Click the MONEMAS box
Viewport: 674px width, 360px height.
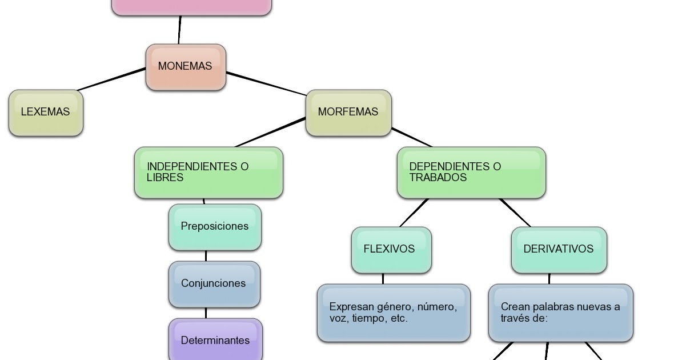click(x=186, y=67)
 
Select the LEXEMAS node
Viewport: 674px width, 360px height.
click(x=46, y=113)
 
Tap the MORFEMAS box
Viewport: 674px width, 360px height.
click(x=348, y=113)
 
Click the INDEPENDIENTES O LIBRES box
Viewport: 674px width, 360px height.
click(x=208, y=173)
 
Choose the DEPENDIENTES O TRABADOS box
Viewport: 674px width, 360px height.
click(x=471, y=173)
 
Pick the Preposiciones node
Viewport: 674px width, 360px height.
click(x=215, y=227)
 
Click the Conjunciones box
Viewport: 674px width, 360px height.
click(x=214, y=284)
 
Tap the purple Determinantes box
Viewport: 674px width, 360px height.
click(x=215, y=341)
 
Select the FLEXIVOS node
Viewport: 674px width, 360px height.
click(x=391, y=250)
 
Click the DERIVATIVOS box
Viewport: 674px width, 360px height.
click(x=559, y=250)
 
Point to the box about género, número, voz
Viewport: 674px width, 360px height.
click(x=394, y=313)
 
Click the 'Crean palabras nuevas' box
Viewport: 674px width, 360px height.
click(x=560, y=313)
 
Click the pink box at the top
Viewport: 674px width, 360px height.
click(x=191, y=7)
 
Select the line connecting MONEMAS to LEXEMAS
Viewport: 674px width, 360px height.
click(x=111, y=79)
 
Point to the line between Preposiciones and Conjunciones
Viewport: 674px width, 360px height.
click(x=206, y=256)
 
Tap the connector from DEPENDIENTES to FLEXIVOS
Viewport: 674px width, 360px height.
click(x=414, y=213)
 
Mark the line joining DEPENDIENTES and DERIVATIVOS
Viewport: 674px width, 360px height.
click(x=515, y=213)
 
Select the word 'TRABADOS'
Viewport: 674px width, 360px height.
click(x=438, y=178)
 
